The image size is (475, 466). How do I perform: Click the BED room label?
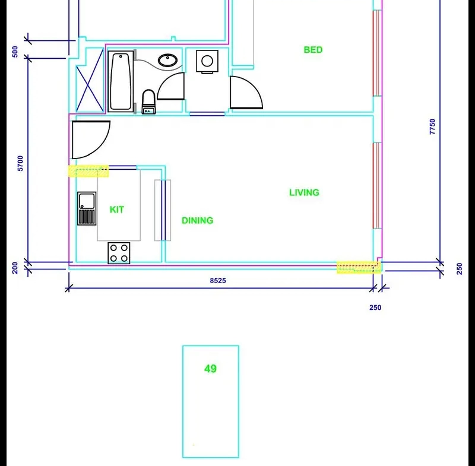click(313, 50)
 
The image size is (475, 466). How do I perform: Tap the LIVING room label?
click(304, 192)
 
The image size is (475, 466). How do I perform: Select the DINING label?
click(198, 220)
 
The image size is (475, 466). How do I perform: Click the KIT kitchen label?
click(116, 210)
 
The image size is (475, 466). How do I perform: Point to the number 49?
click(211, 369)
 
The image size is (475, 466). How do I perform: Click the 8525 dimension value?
click(218, 281)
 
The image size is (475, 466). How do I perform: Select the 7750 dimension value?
click(432, 126)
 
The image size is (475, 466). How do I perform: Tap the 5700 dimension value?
click(20, 163)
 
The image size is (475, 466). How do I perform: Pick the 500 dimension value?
click(15, 52)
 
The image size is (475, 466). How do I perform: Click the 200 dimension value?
click(15, 268)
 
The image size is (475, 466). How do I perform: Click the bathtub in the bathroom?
click(121, 81)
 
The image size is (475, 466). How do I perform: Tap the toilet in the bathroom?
click(149, 102)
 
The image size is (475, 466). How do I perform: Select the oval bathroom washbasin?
click(167, 61)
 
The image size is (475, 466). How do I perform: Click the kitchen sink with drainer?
click(87, 208)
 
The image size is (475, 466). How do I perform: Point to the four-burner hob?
click(119, 253)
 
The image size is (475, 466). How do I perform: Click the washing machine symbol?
click(207, 62)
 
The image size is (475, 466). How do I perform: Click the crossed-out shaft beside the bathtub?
click(90, 80)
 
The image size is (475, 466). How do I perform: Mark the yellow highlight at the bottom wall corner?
click(359, 267)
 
